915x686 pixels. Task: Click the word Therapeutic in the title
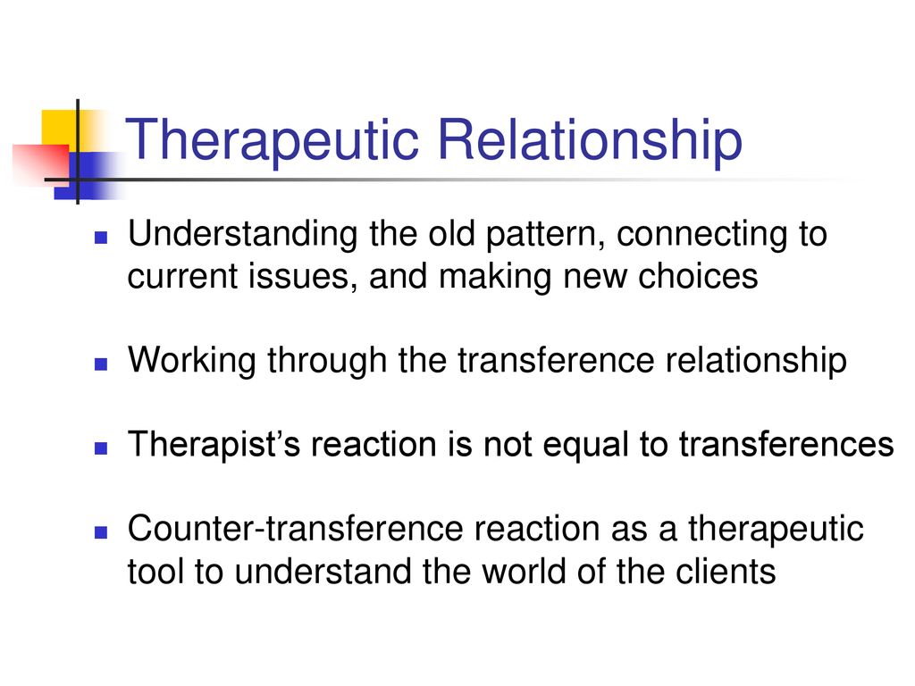272,140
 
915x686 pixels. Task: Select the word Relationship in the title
590,140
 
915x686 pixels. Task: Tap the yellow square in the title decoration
61,129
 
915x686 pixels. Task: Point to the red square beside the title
41,164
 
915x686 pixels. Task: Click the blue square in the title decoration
88,176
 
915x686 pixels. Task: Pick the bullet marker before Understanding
101,237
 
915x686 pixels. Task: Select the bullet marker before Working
101,364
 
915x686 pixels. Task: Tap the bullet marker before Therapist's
101,448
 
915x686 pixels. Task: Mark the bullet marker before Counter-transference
101,532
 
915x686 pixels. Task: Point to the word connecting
701,235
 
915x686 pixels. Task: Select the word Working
191,361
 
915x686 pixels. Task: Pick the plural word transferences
786,445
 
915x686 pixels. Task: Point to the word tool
155,571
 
